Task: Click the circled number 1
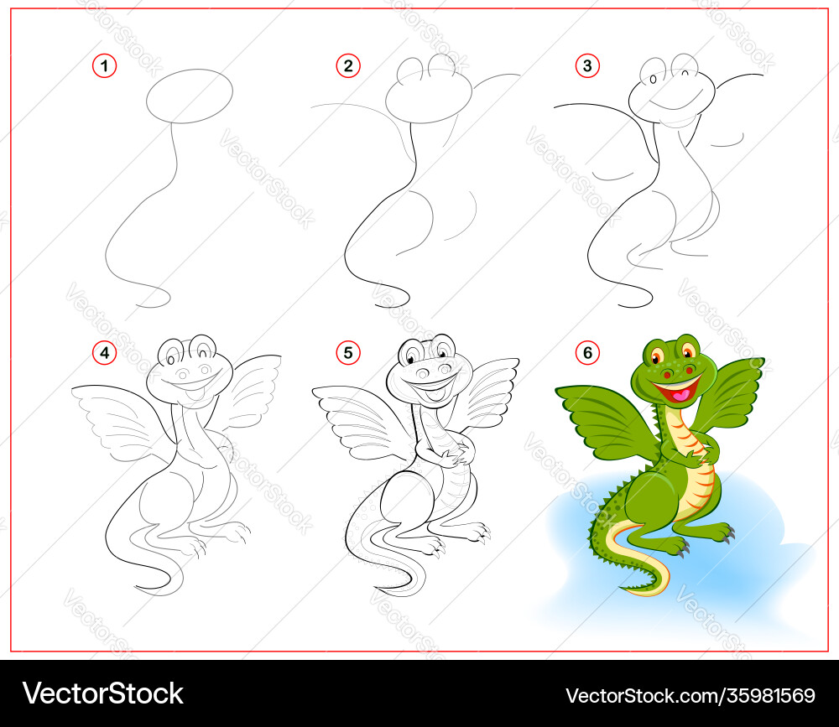point(104,65)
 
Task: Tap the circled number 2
point(348,65)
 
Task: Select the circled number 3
point(587,65)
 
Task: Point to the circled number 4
point(104,352)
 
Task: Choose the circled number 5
point(348,352)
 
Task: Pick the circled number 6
point(587,352)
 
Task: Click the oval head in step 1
point(190,96)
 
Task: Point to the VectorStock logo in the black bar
point(102,693)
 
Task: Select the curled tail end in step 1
point(155,299)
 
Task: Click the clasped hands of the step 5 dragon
point(453,456)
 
